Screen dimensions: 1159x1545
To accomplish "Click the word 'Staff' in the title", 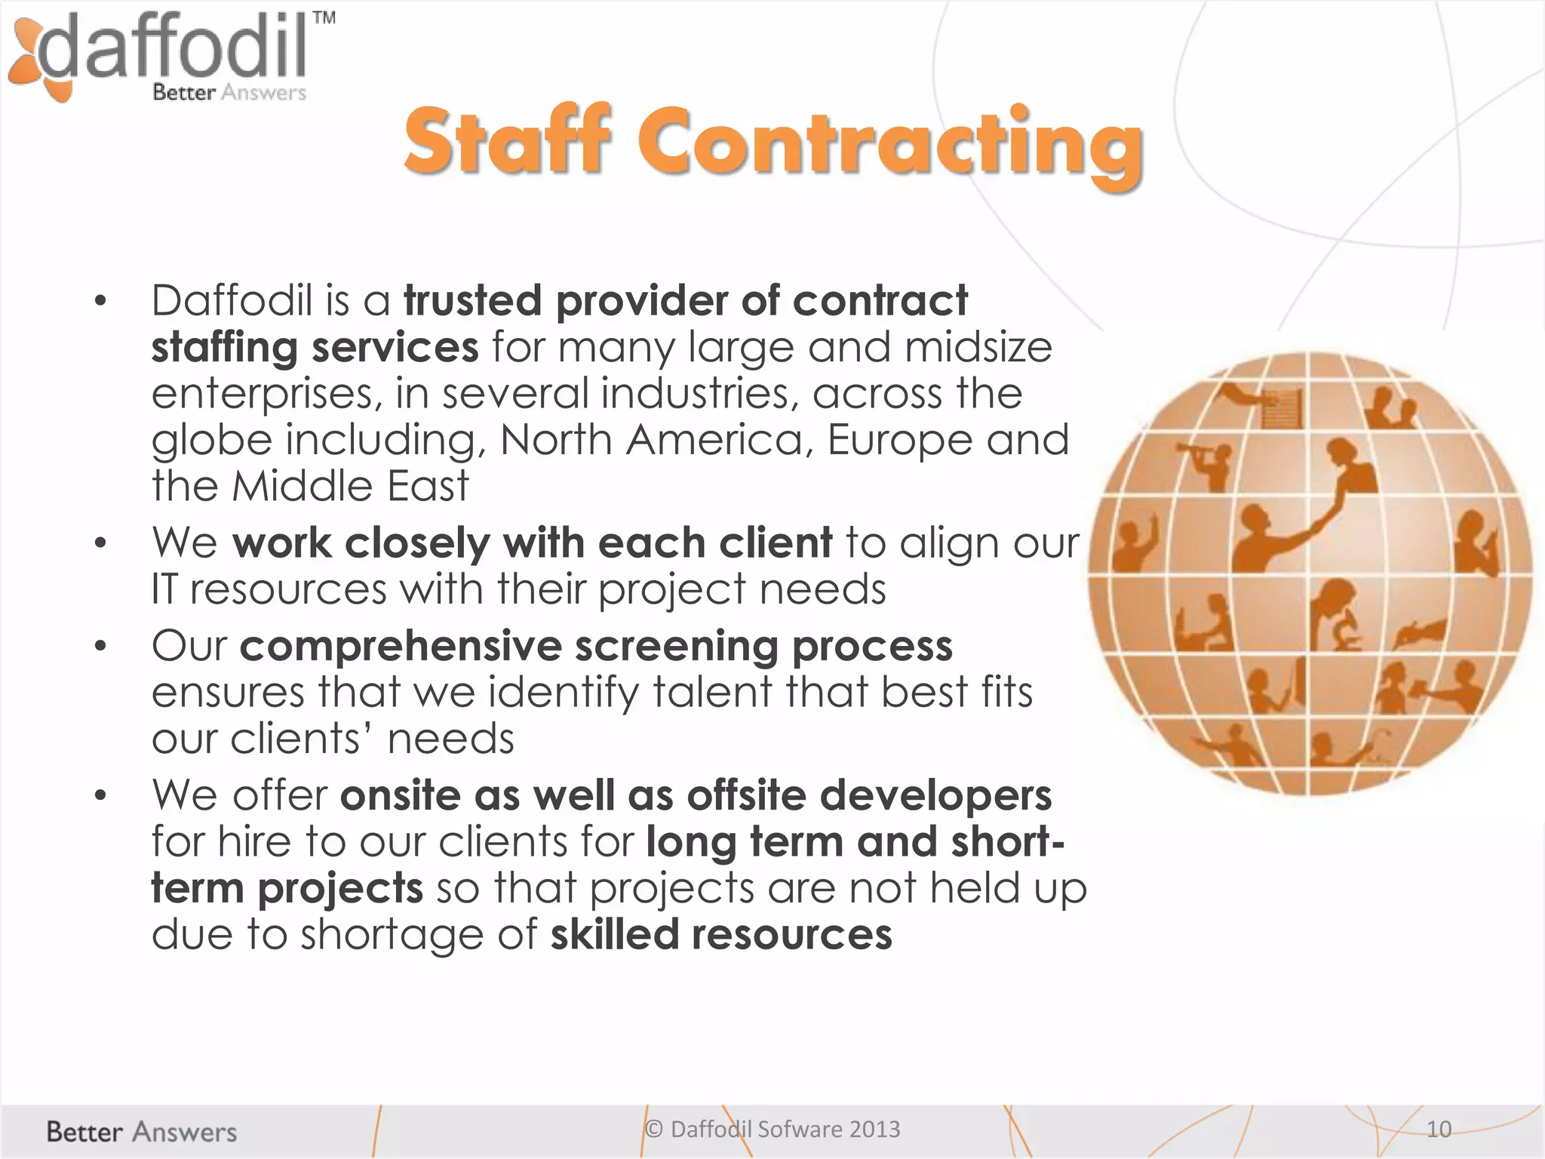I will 506,142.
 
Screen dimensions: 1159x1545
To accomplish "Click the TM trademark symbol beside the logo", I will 324,19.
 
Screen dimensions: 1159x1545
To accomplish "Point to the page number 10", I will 1439,1129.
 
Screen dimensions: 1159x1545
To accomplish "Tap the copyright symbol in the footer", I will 654,1129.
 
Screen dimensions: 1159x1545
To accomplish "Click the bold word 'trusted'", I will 473,300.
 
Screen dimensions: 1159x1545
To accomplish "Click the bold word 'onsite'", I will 401,795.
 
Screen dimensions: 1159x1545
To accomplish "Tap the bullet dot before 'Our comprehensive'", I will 100,647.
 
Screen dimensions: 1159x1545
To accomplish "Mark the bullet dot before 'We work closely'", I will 100,543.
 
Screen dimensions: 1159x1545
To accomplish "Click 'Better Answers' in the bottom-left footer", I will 141,1132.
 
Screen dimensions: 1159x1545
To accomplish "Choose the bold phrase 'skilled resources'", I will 721,934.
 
